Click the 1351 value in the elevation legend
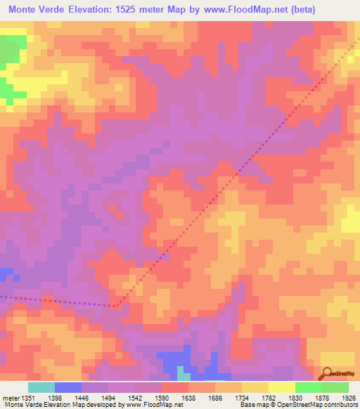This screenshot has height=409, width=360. point(27,398)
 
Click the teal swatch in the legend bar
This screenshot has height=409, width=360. point(41,387)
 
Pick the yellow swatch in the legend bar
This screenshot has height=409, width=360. point(281,387)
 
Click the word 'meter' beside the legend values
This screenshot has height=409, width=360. point(9,398)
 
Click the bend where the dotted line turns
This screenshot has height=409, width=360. point(115,306)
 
